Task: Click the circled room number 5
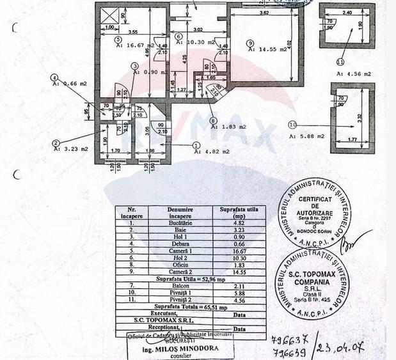tap(118, 39)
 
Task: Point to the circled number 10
tap(293, 125)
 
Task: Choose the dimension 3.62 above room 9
tap(259, 12)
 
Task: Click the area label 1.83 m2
tap(230, 127)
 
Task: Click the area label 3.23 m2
tap(72, 149)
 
